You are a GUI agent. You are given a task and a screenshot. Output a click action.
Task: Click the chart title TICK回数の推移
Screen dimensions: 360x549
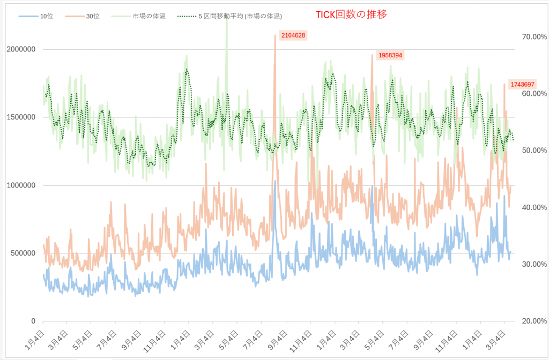coord(351,14)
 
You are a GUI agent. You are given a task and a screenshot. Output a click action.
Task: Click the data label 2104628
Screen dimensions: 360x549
coord(293,35)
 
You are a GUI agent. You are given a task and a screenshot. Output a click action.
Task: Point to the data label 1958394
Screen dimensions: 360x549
coord(390,55)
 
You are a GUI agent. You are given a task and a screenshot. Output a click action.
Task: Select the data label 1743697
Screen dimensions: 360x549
coord(522,84)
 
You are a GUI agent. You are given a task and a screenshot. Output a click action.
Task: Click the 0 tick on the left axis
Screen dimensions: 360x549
coord(33,321)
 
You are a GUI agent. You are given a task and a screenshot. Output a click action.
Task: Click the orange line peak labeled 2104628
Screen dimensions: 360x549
coord(275,36)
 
